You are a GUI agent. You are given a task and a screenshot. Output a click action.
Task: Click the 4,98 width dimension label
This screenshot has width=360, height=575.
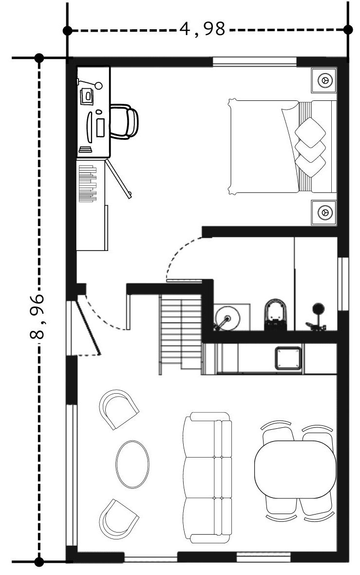[x=202, y=29]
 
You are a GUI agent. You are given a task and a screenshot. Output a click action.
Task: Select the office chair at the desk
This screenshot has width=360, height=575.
[x=124, y=122]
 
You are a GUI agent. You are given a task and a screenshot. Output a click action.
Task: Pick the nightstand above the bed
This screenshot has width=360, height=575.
[x=324, y=80]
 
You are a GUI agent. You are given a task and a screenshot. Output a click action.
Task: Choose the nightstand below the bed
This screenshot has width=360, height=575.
[x=324, y=212]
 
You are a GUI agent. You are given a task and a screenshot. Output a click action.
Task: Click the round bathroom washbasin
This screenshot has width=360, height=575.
[x=227, y=318]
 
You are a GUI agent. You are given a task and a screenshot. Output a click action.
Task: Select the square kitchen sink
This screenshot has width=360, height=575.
[x=288, y=358]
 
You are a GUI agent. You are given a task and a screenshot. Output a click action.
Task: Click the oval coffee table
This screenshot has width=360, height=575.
[x=133, y=464]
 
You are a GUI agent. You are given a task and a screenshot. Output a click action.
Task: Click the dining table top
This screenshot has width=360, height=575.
[x=295, y=469]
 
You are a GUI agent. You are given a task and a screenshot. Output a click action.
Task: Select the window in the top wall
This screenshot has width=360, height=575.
[x=254, y=61]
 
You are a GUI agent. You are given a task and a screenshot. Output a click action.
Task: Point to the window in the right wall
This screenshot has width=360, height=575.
[x=343, y=284]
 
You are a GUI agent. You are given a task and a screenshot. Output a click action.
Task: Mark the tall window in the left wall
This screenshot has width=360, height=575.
[x=72, y=475]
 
